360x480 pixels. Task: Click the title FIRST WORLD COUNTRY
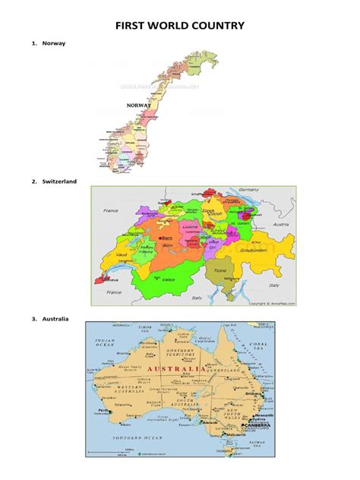(180, 27)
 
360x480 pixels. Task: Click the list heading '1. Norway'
(49, 43)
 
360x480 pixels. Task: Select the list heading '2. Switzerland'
(55, 182)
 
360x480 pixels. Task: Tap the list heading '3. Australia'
(51, 318)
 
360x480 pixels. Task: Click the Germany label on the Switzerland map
(250, 191)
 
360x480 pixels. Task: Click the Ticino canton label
(220, 270)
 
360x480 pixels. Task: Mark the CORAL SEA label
(264, 346)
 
